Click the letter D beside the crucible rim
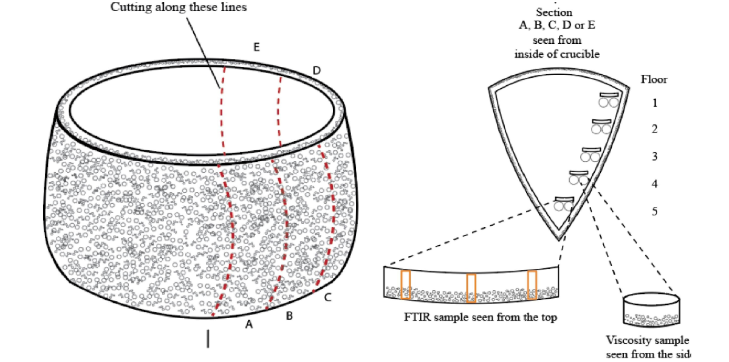tap(317, 71)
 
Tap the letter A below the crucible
tap(248, 325)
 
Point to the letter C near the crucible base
tap(328, 298)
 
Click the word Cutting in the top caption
tap(129, 8)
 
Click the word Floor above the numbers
tap(654, 78)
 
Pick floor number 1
tap(655, 103)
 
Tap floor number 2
tap(655, 129)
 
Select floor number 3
tap(655, 156)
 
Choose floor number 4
tap(655, 184)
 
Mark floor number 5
tap(655, 211)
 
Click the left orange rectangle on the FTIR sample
tap(405, 285)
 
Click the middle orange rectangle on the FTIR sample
tap(471, 288)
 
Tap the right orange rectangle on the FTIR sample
tap(532, 285)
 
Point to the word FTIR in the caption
tap(417, 317)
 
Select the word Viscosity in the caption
tap(626, 340)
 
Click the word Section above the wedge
tap(553, 12)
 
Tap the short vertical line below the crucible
tap(208, 338)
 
